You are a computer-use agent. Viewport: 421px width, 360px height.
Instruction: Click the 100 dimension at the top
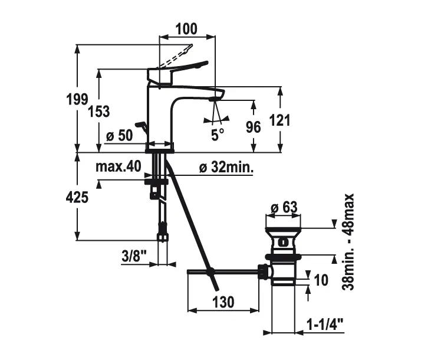[186, 28]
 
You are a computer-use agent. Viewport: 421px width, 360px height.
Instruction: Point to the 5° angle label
[218, 135]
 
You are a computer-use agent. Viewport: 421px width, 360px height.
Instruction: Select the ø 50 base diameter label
[119, 136]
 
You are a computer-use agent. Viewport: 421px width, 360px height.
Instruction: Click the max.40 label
[119, 167]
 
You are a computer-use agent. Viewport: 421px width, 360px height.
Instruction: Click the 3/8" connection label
[134, 257]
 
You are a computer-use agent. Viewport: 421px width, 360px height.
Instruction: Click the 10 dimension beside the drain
[321, 280]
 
